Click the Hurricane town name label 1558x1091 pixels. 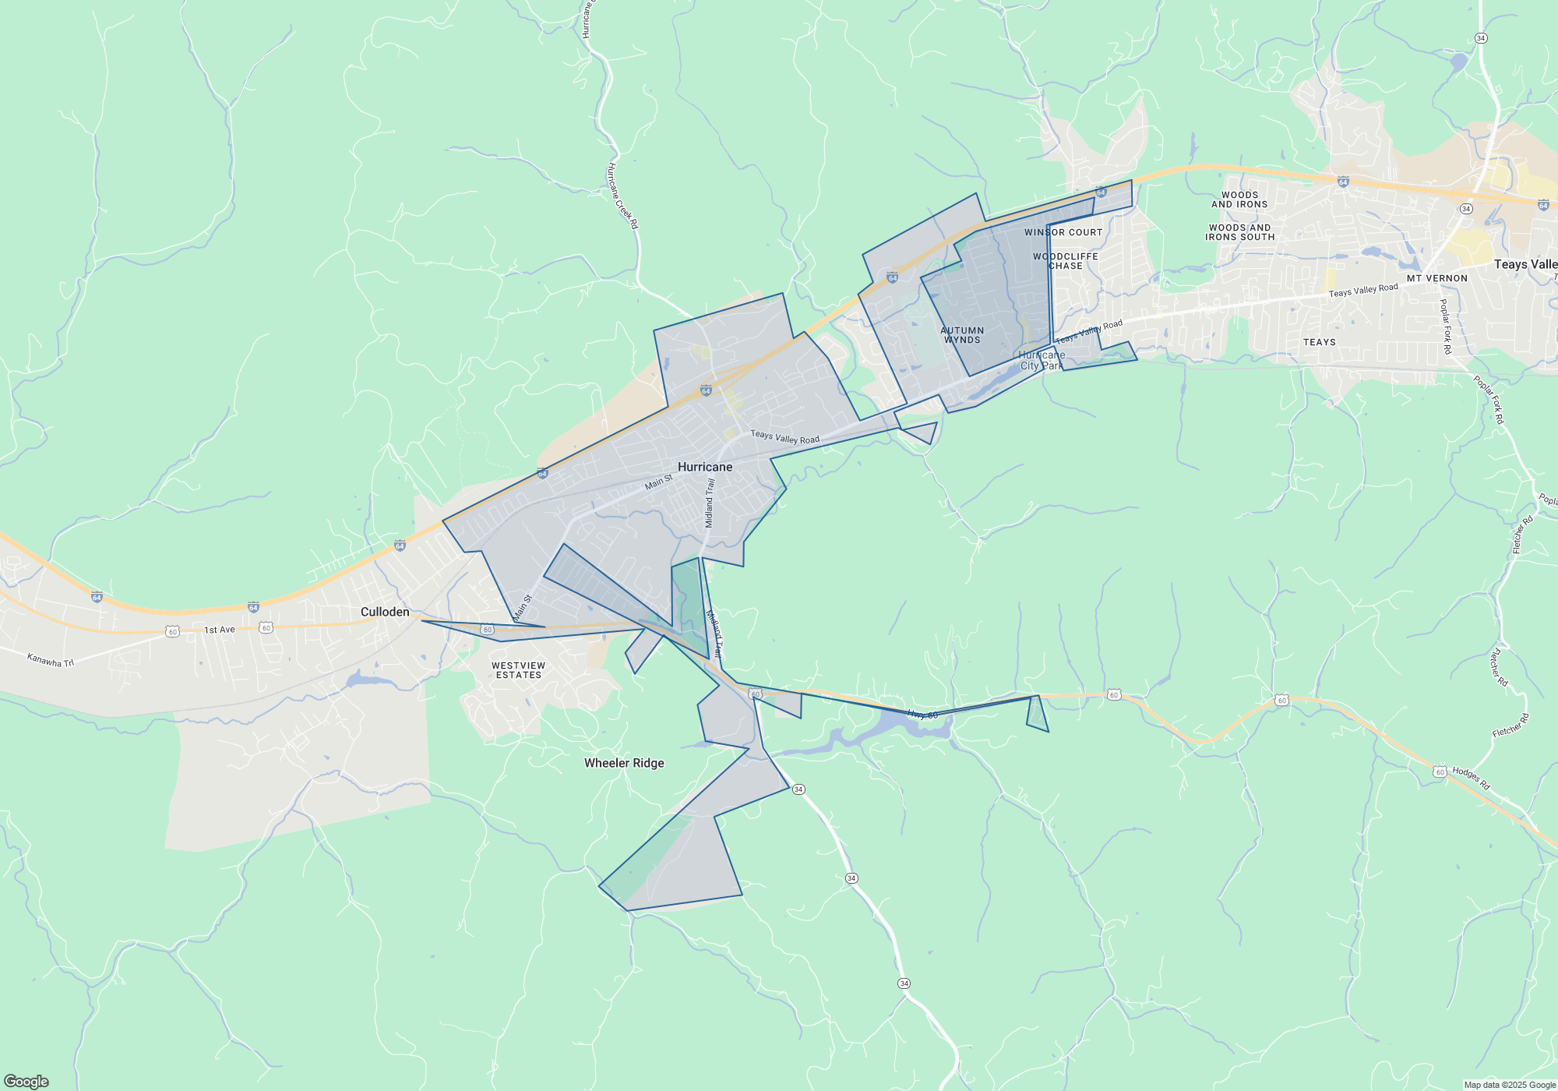705,467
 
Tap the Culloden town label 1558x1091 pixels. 385,612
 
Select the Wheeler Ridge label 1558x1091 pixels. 624,763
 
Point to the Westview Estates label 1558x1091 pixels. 519,670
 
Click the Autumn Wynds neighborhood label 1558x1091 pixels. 962,335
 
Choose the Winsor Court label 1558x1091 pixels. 1063,232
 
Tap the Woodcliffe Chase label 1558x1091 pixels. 1066,261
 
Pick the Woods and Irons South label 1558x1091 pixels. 1240,232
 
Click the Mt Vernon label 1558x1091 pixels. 1437,278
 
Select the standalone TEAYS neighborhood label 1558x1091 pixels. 1320,342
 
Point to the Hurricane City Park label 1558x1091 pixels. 1042,360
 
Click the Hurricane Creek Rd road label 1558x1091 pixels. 622,196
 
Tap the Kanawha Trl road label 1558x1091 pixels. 51,660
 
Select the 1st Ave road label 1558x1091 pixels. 220,630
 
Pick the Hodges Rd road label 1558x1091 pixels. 1471,778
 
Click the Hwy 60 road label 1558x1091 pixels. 922,714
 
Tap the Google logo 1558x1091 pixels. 26,1082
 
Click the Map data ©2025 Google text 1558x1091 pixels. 1510,1085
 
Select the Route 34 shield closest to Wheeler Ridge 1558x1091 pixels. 798,789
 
